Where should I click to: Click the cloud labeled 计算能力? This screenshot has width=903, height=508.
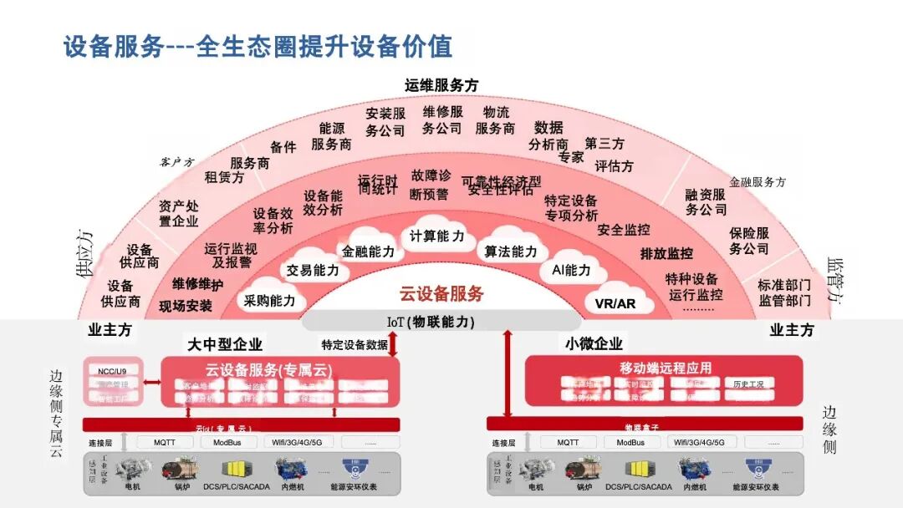pos(436,236)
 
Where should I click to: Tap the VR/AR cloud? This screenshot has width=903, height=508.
pos(615,303)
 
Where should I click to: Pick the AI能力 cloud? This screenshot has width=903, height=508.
pos(571,270)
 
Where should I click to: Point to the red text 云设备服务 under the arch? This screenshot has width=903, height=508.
pos(441,294)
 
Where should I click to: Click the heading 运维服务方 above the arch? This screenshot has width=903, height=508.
pos(441,85)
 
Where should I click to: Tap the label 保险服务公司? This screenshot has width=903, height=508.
pos(748,241)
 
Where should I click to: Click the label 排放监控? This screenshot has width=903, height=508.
pos(666,253)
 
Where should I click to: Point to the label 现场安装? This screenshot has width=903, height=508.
pos(186,306)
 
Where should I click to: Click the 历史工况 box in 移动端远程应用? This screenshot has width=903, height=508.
pos(748,384)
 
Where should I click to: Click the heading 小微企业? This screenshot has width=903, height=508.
pos(594,343)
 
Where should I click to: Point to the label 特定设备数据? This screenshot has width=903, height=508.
pos(355,344)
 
